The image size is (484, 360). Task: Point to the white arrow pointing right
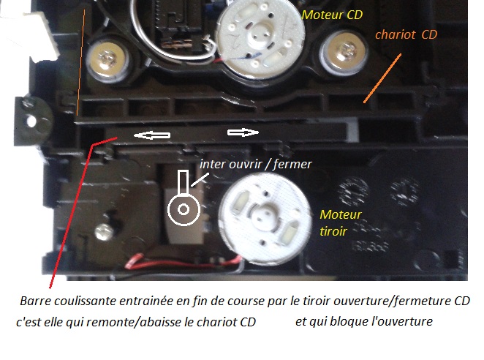243,132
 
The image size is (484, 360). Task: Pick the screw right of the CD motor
342,50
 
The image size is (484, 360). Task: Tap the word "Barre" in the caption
37,301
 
